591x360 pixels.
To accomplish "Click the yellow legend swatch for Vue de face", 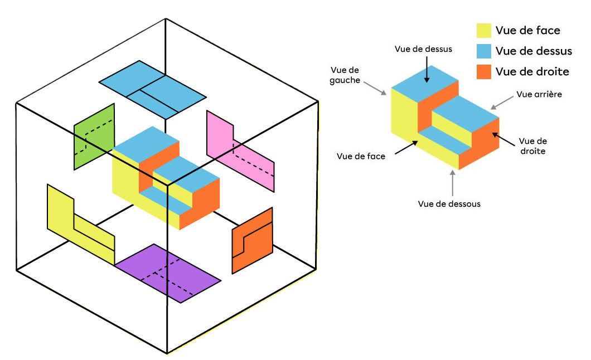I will (x=483, y=31).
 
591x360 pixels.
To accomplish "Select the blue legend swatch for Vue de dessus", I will (x=483, y=51).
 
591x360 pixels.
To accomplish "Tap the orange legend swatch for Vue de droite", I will (x=483, y=71).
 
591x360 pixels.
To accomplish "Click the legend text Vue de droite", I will (x=532, y=71).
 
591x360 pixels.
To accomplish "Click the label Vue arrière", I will (x=539, y=94).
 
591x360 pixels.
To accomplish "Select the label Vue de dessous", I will (x=449, y=204).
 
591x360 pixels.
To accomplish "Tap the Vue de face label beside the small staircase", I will (x=361, y=157).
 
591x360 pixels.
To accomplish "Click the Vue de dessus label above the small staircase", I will (x=423, y=49).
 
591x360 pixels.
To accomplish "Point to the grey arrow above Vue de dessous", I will (x=453, y=182).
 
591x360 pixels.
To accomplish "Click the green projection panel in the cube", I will (x=94, y=136).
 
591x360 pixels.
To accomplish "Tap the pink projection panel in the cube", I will (x=240, y=150).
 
